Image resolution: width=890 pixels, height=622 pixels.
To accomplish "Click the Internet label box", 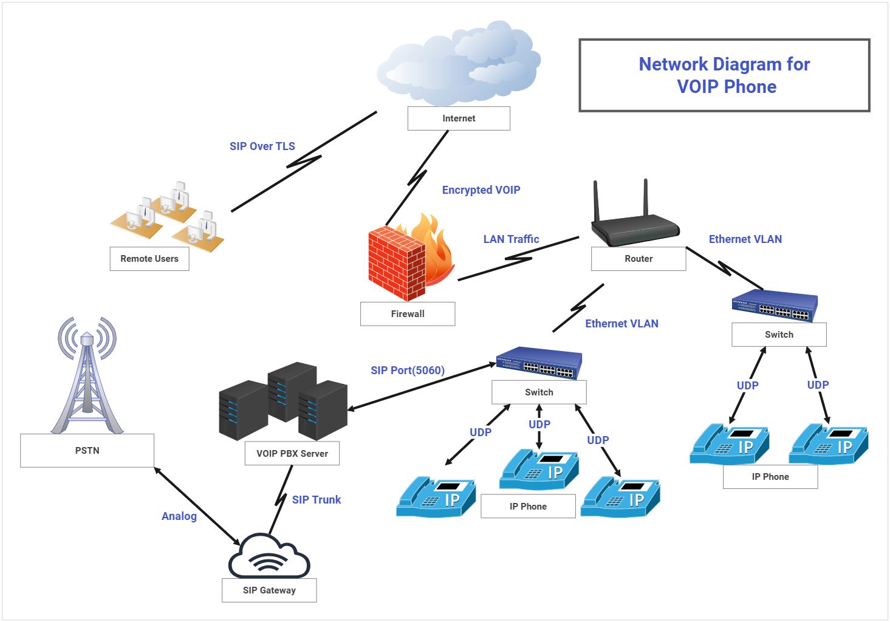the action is point(459,118).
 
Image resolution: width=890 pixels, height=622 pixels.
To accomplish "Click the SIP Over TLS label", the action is point(262,146).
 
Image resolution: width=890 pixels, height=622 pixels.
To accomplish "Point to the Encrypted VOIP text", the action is point(481,190).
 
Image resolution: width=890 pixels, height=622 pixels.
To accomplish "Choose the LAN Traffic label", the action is point(511,239).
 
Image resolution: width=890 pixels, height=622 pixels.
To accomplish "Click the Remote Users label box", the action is point(149,259).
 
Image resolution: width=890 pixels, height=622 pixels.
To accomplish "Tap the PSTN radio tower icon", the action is point(87,375).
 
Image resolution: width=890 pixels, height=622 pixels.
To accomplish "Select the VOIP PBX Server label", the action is point(292,453).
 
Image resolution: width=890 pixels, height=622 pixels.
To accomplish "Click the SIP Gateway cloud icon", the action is point(269,556).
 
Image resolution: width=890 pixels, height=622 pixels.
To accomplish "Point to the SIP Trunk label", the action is point(317,500).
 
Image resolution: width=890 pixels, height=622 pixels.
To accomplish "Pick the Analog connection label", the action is point(179,516).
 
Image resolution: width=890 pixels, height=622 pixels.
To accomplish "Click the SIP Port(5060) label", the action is point(408,370).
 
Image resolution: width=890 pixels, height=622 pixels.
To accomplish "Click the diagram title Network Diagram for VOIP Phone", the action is point(725,75).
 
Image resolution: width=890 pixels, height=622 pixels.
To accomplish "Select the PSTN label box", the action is point(87,451).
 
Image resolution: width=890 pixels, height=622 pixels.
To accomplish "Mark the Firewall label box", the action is point(408,314).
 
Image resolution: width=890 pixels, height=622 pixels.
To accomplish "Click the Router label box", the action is point(638,259).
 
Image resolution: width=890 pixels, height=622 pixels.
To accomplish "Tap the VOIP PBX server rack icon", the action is point(283,401).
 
